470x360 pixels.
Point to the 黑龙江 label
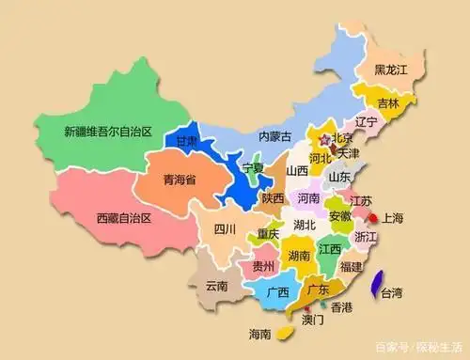pyautogui.click(x=391, y=70)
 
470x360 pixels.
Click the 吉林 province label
pyautogui.click(x=389, y=102)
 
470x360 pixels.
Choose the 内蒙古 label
pyautogui.click(x=276, y=137)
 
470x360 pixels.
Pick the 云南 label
pyautogui.click(x=217, y=286)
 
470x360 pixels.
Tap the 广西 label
pyautogui.click(x=276, y=291)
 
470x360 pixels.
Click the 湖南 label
pyautogui.click(x=299, y=255)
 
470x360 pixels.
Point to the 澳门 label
pyautogui.click(x=312, y=321)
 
